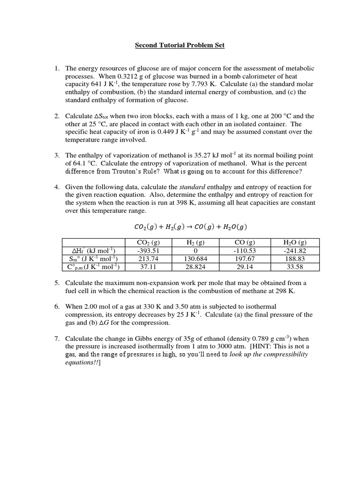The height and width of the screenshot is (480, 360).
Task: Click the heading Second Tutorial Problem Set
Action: coord(180,45)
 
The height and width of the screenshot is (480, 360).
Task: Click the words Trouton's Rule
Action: coord(126,171)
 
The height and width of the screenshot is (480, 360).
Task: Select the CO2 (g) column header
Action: coord(148,242)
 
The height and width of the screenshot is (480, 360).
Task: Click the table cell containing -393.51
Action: coord(148,251)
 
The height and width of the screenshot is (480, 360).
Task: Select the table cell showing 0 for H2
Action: coord(193,251)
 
